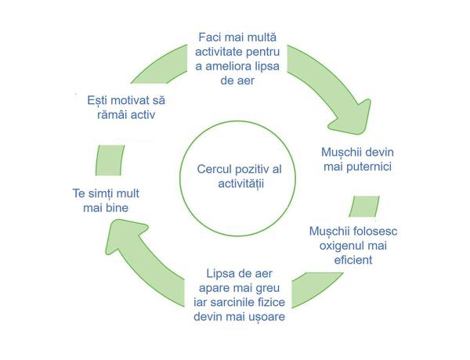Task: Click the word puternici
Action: [368, 166]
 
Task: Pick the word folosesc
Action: [374, 232]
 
